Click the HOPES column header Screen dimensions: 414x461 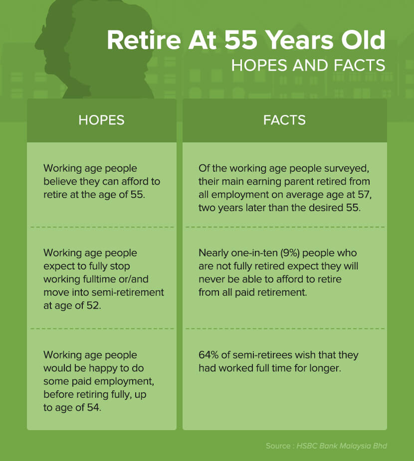(x=101, y=120)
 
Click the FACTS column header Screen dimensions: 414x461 (x=284, y=120)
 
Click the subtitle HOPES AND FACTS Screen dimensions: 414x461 (x=308, y=65)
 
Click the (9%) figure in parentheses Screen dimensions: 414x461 (x=290, y=253)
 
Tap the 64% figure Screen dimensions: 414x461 (x=208, y=355)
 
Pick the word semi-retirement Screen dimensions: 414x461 (x=128, y=292)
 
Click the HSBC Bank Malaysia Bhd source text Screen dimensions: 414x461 (x=342, y=446)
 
